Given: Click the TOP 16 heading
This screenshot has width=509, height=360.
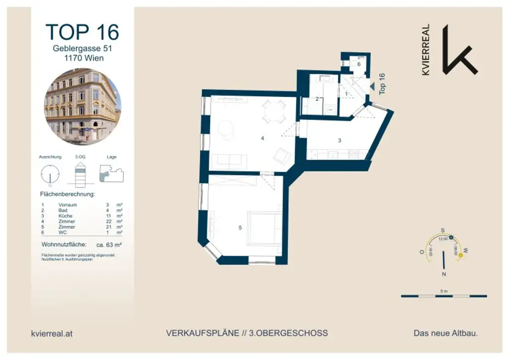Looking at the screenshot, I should pyautogui.click(x=82, y=32).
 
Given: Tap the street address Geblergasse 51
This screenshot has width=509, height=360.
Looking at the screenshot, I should pyautogui.click(x=82, y=49).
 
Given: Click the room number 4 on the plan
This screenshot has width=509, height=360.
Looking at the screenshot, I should pyautogui.click(x=262, y=138).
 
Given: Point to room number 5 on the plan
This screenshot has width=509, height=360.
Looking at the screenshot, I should pyautogui.click(x=240, y=228).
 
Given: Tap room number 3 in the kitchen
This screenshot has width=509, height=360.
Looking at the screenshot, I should pyautogui.click(x=339, y=140).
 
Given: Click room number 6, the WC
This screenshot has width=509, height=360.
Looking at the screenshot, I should pyautogui.click(x=358, y=64).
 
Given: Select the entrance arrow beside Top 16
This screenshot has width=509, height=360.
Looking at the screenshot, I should pyautogui.click(x=371, y=86).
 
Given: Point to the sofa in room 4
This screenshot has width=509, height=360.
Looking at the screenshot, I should pyautogui.click(x=229, y=162).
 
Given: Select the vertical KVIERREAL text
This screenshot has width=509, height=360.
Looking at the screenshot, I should pyautogui.click(x=426, y=50).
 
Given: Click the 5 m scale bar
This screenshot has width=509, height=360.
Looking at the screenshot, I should pyautogui.click(x=444, y=296).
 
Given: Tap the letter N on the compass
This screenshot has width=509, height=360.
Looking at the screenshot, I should pyautogui.click(x=444, y=274).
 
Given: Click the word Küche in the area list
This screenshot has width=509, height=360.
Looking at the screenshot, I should pyautogui.click(x=66, y=216).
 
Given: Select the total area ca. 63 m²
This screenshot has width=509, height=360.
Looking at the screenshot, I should pyautogui.click(x=108, y=245).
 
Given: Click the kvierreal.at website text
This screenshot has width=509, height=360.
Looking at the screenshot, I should pyautogui.click(x=52, y=334).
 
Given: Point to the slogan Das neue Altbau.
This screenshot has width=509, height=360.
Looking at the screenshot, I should pyautogui.click(x=445, y=333).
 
